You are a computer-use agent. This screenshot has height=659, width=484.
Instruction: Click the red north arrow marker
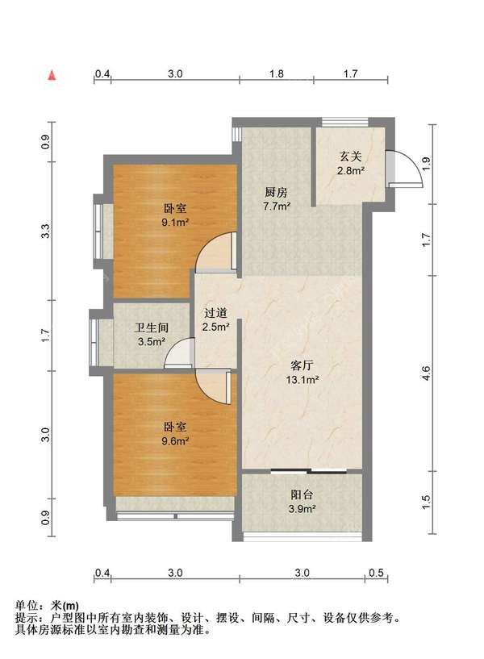pyautogui.click(x=52, y=76)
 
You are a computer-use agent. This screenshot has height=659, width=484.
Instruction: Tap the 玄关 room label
pyautogui.click(x=350, y=156)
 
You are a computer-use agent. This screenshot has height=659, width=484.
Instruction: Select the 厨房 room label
pyautogui.click(x=276, y=193)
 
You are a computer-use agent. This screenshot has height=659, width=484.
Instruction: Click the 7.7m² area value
pyautogui.click(x=277, y=206)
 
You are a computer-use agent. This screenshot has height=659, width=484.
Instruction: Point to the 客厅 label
pyautogui.click(x=302, y=365)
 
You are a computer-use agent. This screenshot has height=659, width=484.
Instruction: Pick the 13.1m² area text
pyautogui.click(x=302, y=380)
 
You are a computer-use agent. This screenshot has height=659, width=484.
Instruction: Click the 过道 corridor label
pyautogui.click(x=215, y=313)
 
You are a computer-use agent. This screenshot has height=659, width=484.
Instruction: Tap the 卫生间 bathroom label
pyautogui.click(x=152, y=327)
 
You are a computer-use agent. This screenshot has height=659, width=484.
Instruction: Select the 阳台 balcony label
pyautogui.click(x=302, y=494)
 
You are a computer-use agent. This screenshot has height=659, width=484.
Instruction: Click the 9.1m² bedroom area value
pyautogui.click(x=175, y=222)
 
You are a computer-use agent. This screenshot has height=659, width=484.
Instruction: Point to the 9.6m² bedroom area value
pyautogui.click(x=175, y=441)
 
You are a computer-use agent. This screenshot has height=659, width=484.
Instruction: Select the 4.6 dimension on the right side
pyautogui.click(x=427, y=373)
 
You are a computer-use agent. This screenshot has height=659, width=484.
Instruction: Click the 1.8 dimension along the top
pyautogui.click(x=276, y=74)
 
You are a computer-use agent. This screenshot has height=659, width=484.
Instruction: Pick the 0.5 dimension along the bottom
pyautogui.click(x=376, y=573)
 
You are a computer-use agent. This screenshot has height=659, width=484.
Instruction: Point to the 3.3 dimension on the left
pyautogui.click(x=45, y=231)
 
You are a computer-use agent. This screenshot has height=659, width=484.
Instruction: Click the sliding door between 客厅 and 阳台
pyautogui.click(x=309, y=471)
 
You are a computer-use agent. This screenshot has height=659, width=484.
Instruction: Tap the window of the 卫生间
pyautogui.click(x=94, y=342)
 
